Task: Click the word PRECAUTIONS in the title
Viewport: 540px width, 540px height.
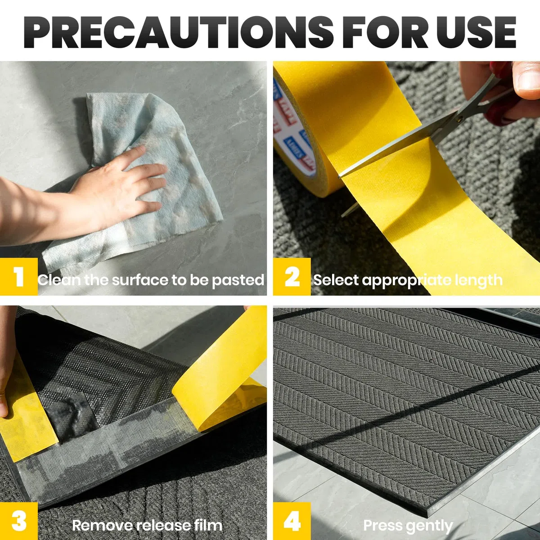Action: click(178, 32)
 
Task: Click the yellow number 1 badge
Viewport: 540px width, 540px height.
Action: click(19, 277)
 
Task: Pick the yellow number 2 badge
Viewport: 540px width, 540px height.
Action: click(292, 277)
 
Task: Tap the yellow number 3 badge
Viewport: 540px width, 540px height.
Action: click(19, 521)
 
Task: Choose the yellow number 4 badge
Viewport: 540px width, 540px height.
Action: click(292, 521)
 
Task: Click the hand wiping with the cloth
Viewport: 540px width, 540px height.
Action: click(118, 185)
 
